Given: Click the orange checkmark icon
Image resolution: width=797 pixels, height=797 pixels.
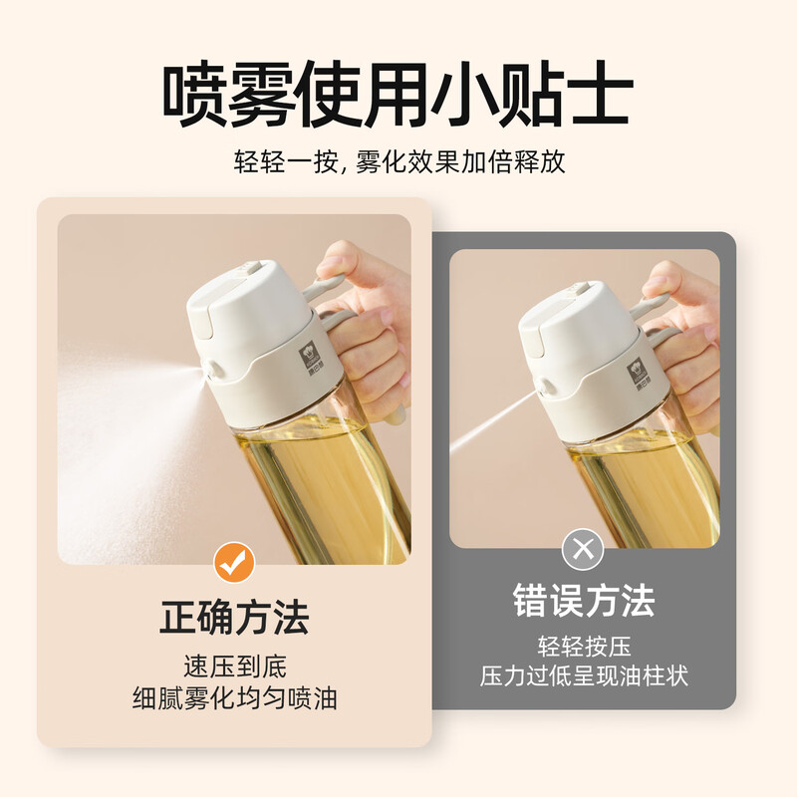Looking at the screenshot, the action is pyautogui.click(x=234, y=562).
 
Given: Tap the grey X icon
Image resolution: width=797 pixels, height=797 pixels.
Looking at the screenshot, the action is pyautogui.click(x=583, y=549).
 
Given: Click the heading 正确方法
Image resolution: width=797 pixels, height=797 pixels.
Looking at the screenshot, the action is pyautogui.click(x=234, y=617).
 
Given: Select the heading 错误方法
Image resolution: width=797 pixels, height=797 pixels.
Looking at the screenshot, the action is pyautogui.click(x=584, y=601).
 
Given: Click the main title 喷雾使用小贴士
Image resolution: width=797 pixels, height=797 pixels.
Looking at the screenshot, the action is pyautogui.click(x=398, y=96).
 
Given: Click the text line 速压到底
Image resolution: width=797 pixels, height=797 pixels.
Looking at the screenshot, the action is pyautogui.click(x=235, y=666).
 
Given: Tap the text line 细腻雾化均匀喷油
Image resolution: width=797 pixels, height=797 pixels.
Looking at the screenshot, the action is pyautogui.click(x=235, y=698).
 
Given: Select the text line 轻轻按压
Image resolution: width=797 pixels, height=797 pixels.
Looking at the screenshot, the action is pyautogui.click(x=584, y=647).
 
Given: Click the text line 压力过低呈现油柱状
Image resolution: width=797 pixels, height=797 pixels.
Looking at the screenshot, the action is pyautogui.click(x=584, y=676).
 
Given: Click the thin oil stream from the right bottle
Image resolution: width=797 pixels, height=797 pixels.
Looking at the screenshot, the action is pyautogui.click(x=493, y=419).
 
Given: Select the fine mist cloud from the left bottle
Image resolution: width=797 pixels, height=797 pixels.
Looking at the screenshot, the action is pyautogui.click(x=128, y=447).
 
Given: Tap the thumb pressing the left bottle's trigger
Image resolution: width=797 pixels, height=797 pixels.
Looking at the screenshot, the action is pyautogui.click(x=340, y=260).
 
